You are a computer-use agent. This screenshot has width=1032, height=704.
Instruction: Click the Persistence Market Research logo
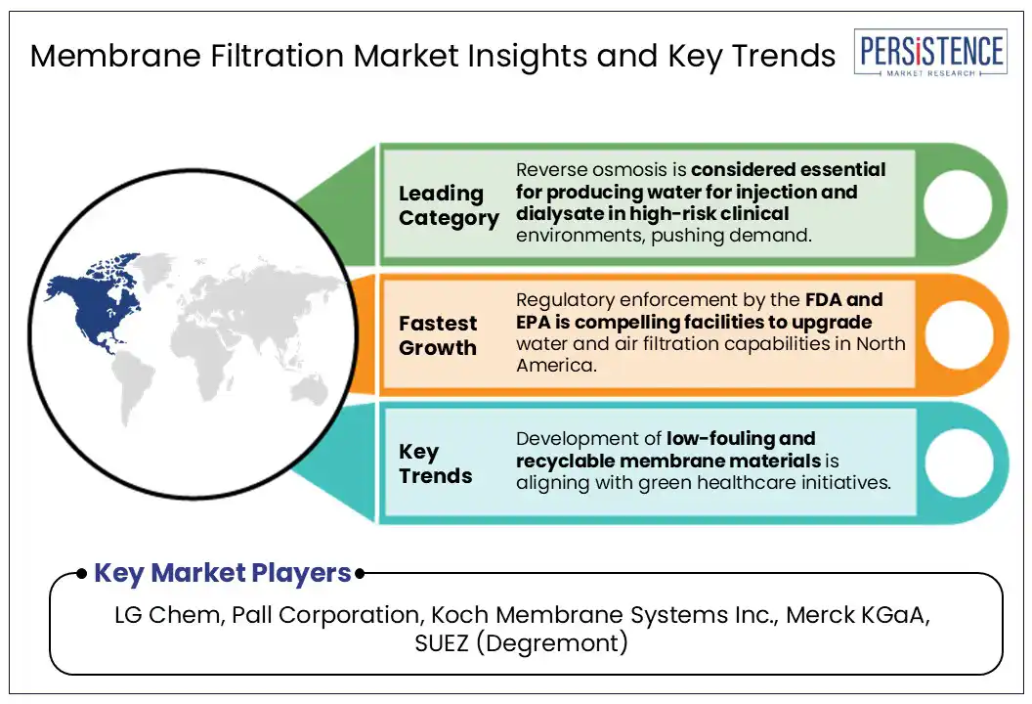(x=930, y=53)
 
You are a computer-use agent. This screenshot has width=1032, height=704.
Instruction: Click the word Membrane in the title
(x=115, y=55)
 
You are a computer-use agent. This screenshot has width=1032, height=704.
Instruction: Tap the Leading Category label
(x=449, y=205)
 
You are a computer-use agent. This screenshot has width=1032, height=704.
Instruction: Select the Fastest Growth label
(x=438, y=335)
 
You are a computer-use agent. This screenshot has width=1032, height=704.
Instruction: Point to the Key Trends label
(x=435, y=463)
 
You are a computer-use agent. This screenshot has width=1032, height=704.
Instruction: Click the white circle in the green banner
(x=958, y=204)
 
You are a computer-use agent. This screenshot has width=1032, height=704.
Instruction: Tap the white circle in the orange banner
(x=959, y=333)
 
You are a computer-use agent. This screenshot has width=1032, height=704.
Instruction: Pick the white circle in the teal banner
(x=959, y=462)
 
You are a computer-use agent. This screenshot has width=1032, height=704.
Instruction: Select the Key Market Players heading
(x=223, y=573)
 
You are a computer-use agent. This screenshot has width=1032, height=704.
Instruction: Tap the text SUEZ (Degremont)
(x=521, y=643)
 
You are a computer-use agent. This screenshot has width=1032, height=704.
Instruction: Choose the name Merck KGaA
(x=858, y=614)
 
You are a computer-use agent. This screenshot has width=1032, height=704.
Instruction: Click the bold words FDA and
(x=843, y=299)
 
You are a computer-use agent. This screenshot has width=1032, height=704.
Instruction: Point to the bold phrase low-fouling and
(x=741, y=439)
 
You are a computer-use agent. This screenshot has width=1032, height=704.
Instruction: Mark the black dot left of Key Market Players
(x=82, y=574)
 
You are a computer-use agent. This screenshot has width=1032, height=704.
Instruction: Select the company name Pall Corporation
(x=325, y=615)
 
